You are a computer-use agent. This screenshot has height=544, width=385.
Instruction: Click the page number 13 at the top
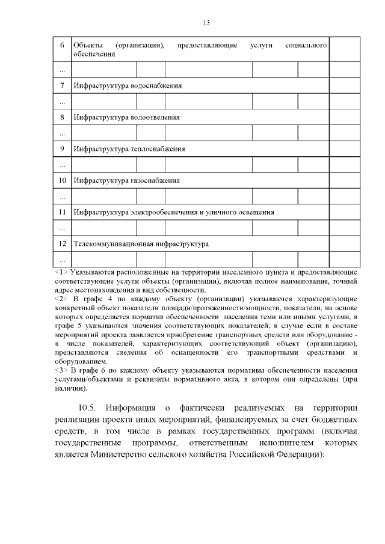[206, 23]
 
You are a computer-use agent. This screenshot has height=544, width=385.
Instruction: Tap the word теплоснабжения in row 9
[158, 148]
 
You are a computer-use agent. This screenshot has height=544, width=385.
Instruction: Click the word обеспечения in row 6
[92, 53]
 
